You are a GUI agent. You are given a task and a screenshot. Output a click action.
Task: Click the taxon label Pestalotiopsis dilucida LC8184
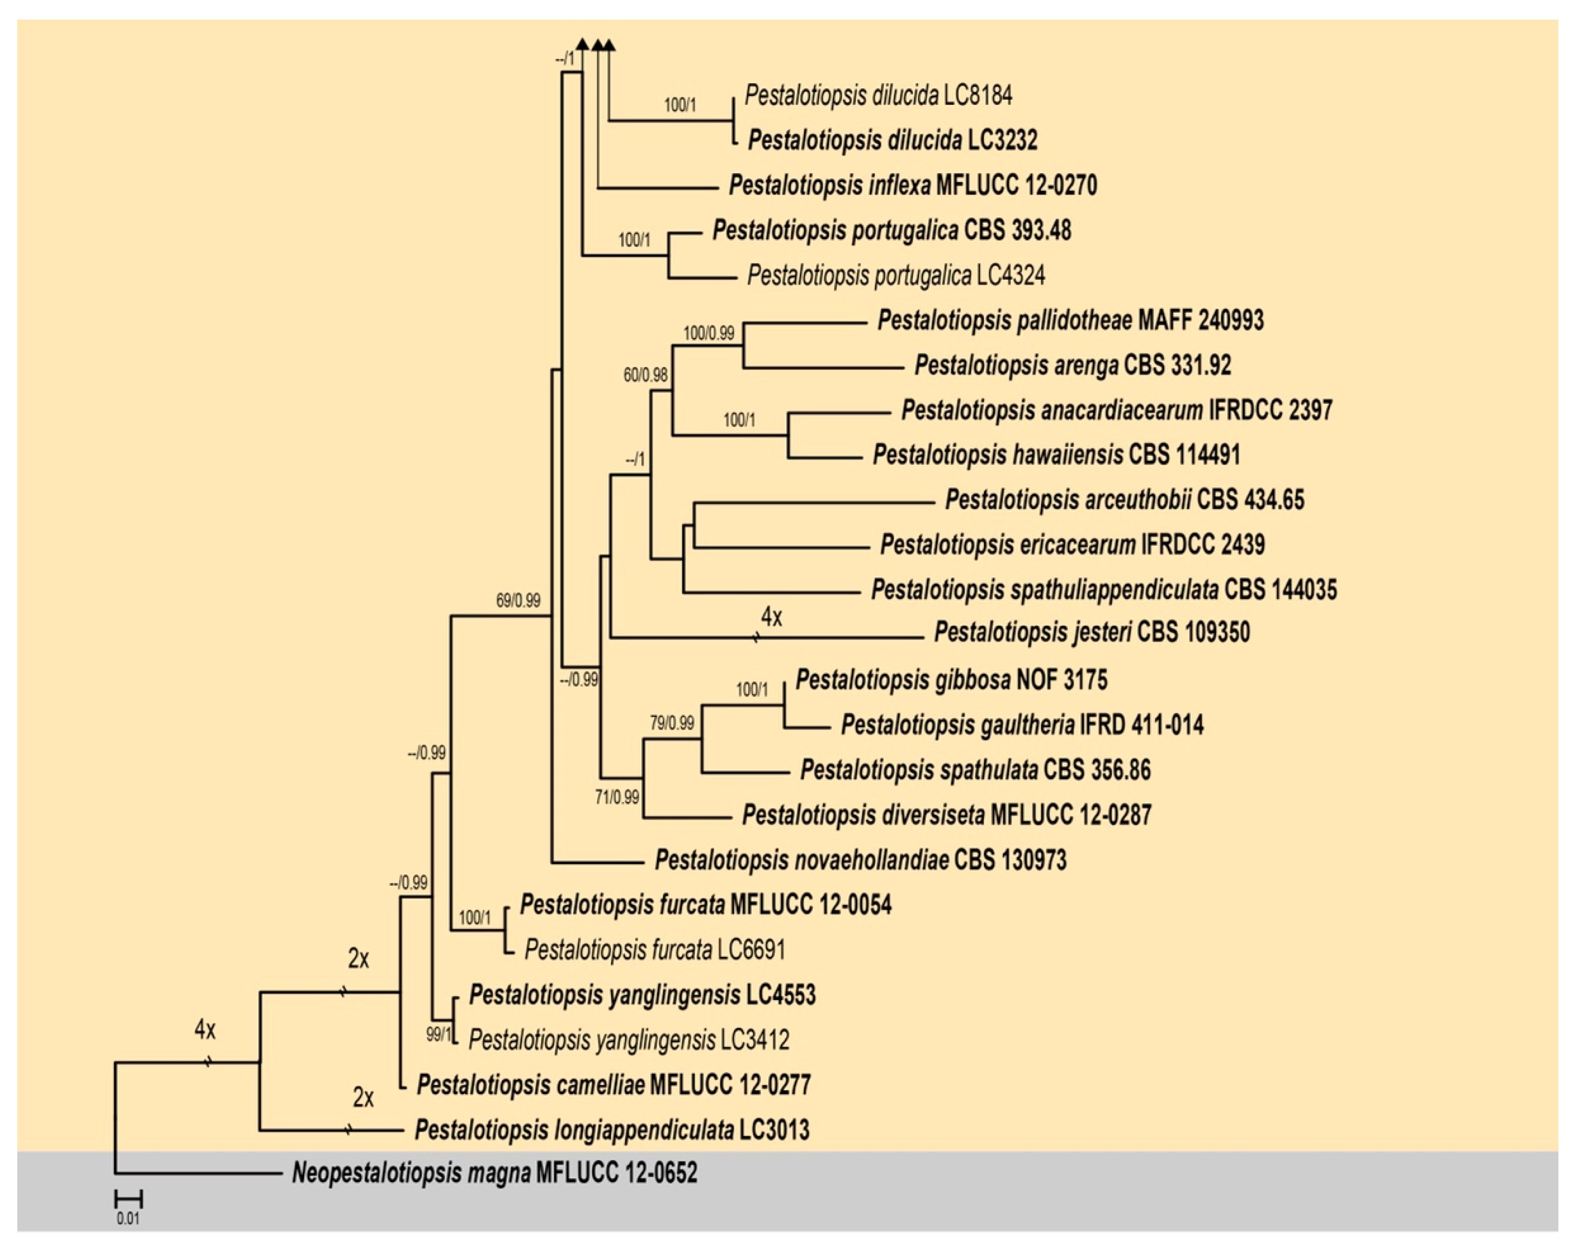click(x=878, y=95)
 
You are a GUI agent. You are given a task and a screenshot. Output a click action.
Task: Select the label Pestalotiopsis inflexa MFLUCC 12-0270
click(x=912, y=185)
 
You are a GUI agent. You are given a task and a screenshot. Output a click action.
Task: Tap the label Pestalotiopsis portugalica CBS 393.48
click(x=891, y=230)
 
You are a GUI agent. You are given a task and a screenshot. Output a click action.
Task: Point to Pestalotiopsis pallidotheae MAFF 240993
click(x=1070, y=320)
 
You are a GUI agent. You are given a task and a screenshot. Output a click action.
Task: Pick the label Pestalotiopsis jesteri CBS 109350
click(x=1092, y=632)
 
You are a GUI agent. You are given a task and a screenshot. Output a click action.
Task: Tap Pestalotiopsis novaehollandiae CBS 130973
click(x=860, y=861)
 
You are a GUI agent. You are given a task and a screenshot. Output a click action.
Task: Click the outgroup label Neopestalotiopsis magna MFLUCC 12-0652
click(x=494, y=1173)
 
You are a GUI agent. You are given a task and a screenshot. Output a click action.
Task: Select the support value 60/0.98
click(x=645, y=375)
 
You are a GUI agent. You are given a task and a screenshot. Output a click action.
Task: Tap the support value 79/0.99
click(x=671, y=723)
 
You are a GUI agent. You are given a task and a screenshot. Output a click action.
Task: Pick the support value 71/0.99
click(x=617, y=797)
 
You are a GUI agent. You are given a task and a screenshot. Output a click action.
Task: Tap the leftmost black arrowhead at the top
click(x=582, y=45)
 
